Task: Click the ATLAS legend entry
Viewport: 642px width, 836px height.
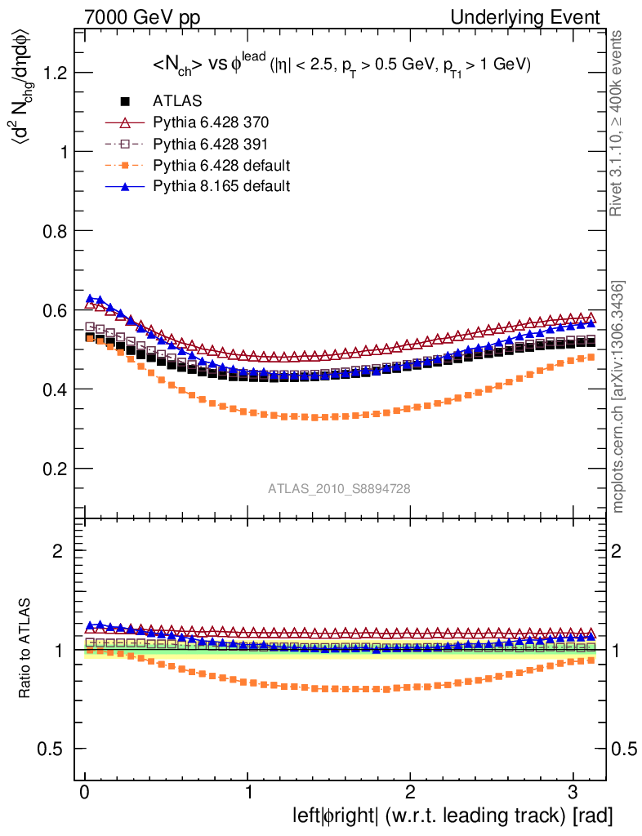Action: pyautogui.click(x=177, y=102)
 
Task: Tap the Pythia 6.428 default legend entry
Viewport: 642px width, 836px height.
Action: pyautogui.click(x=221, y=166)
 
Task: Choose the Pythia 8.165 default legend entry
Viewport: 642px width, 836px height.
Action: pyautogui.click(x=221, y=186)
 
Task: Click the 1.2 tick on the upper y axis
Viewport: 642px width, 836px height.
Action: pyautogui.click(x=54, y=73)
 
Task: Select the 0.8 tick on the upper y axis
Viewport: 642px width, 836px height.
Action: pyautogui.click(x=54, y=231)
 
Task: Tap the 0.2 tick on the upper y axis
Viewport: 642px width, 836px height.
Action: pyautogui.click(x=54, y=469)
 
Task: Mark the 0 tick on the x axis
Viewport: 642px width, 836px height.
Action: pyautogui.click(x=84, y=794)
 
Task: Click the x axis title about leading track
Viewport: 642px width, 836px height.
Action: pyautogui.click(x=453, y=815)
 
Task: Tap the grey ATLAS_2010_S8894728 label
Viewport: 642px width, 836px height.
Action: pyautogui.click(x=339, y=488)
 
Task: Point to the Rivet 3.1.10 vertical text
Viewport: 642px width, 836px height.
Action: pyautogui.click(x=618, y=123)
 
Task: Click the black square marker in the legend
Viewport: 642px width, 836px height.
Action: pyautogui.click(x=125, y=102)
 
